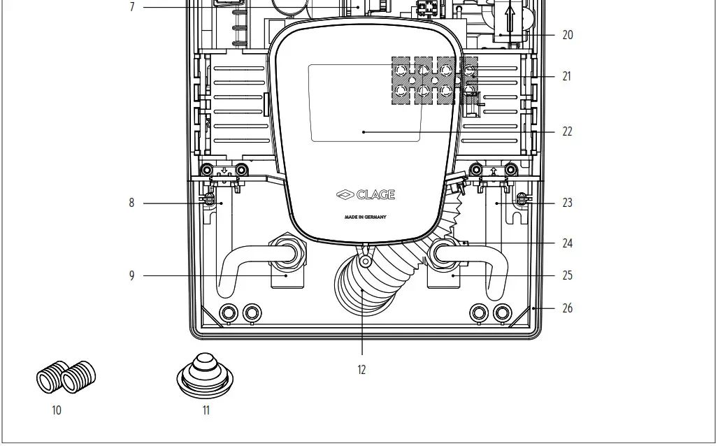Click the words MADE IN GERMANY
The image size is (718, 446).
coord(365,217)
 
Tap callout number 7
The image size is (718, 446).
coord(131,7)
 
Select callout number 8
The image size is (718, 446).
coord(131,203)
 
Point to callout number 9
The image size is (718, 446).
coord(131,276)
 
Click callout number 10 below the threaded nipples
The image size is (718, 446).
coord(57,410)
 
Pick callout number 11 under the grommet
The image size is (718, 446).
coord(206,410)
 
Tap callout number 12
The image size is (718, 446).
coord(361,370)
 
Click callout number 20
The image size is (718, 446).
coord(567,35)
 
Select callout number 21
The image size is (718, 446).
coord(566,76)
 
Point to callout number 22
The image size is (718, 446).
coord(567,131)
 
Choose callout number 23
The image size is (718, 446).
coord(567,203)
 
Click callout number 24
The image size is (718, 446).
coord(567,244)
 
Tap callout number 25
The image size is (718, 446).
coord(567,275)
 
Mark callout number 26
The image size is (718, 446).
coord(567,308)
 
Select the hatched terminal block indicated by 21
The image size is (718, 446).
coord(433,81)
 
